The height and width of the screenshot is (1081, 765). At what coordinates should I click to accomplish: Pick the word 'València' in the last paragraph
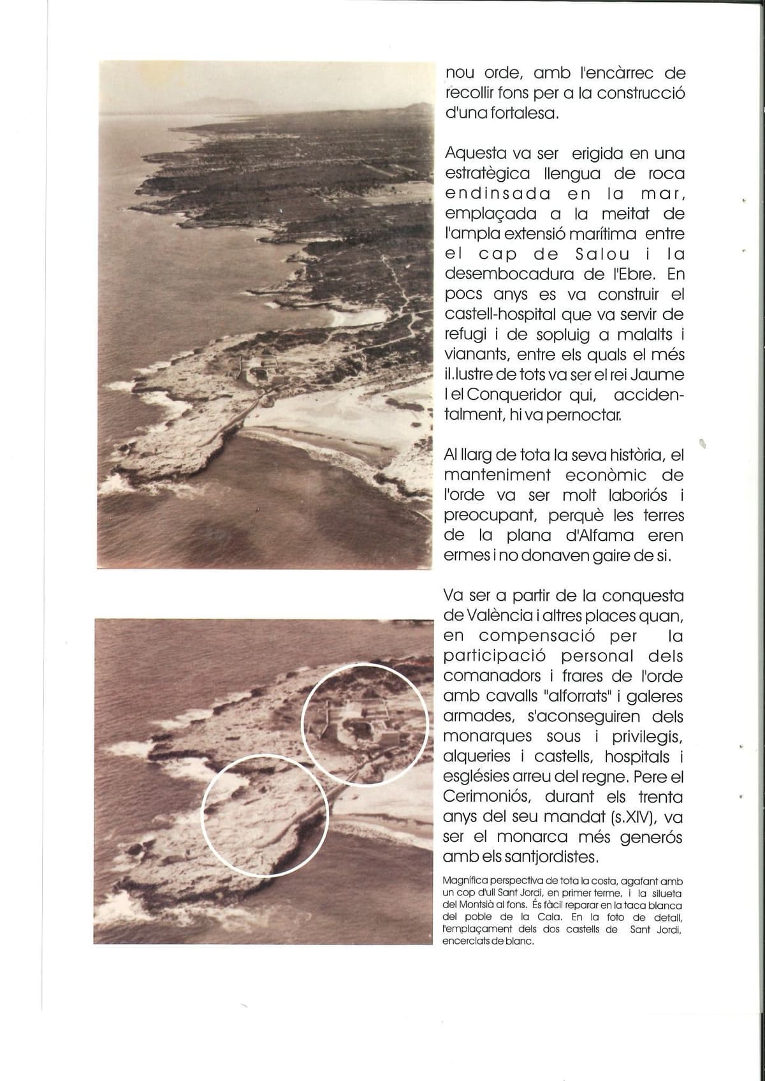[x=488, y=615]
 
